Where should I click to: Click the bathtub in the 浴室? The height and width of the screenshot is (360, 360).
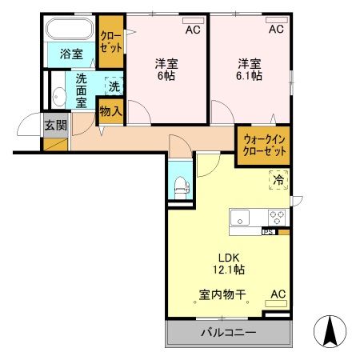[70, 30]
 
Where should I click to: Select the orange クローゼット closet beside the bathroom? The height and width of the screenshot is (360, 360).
[111, 42]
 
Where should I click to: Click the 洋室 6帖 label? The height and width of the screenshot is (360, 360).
[166, 69]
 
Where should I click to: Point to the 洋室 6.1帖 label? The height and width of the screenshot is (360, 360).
[249, 69]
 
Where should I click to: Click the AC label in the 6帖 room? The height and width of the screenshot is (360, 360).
[193, 30]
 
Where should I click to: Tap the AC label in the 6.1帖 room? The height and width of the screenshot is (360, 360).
[275, 30]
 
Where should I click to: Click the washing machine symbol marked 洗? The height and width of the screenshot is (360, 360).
[114, 86]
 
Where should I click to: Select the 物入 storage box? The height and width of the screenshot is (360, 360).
[110, 111]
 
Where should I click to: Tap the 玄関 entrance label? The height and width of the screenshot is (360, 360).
[55, 125]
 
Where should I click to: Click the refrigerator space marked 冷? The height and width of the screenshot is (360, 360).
[278, 182]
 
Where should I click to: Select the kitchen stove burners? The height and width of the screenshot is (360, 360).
[277, 217]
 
